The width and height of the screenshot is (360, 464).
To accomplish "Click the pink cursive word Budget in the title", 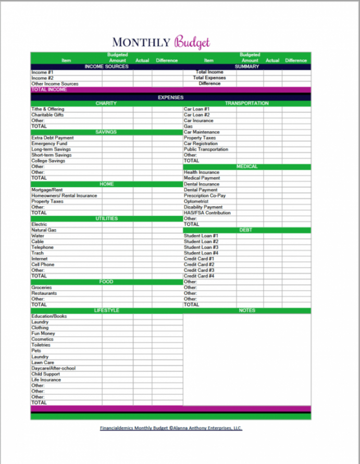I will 192,42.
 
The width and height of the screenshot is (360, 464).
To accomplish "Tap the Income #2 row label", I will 42,78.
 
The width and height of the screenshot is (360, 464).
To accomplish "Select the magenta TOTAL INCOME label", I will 49,90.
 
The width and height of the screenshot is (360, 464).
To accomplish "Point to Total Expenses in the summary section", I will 209,78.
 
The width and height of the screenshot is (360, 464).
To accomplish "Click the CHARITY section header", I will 106,103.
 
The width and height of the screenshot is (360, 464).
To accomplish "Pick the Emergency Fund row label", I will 49,144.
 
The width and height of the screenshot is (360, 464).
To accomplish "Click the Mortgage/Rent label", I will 46,190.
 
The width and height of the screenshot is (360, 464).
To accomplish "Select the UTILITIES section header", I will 106,219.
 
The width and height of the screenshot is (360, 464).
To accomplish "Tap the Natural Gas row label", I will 44,230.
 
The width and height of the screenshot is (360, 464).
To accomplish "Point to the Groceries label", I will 41,287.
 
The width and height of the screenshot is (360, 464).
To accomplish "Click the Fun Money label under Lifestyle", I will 43,333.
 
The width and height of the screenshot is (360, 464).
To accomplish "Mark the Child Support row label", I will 45,374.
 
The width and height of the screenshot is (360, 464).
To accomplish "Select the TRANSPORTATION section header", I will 246,103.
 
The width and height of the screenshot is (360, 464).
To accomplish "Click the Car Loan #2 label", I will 196,115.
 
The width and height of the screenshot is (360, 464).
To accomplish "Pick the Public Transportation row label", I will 206,149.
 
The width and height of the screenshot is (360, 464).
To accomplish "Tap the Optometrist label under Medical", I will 196,201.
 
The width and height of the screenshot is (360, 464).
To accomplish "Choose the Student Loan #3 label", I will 201,247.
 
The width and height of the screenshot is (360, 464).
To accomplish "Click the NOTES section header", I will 246,310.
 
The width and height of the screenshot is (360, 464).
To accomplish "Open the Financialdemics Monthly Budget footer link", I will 171,428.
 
